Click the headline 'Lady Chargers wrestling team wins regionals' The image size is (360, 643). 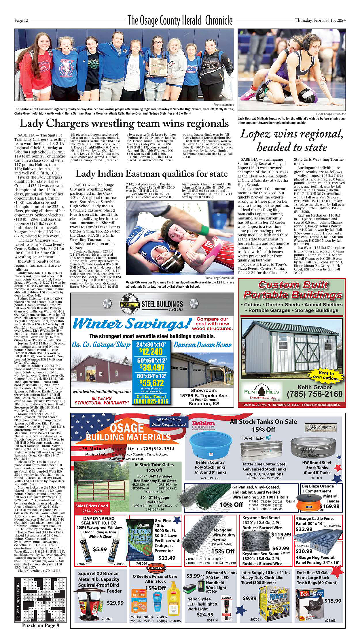point(124,124)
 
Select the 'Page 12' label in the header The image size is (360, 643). point(22,20)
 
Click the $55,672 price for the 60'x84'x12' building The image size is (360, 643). point(151,383)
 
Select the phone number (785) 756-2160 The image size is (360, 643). point(315,394)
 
